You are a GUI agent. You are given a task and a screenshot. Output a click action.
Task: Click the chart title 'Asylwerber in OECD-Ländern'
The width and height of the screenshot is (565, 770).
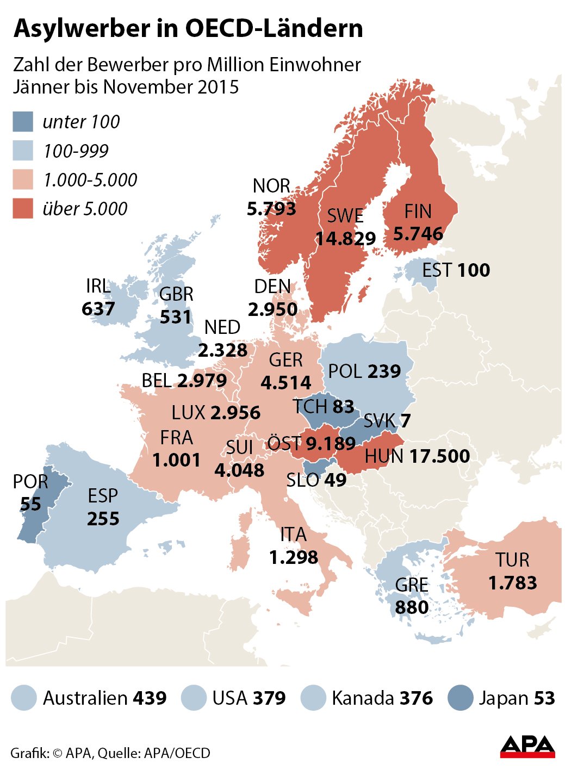tap(188, 28)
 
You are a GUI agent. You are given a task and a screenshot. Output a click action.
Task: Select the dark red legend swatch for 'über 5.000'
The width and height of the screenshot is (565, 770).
tap(23, 209)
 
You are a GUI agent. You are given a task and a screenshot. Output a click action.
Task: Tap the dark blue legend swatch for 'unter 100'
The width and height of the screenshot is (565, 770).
tap(23, 122)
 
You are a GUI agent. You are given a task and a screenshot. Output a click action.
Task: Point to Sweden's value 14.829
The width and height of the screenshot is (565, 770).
tap(346, 238)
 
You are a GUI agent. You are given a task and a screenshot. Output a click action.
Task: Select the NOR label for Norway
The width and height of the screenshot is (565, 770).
tap(271, 186)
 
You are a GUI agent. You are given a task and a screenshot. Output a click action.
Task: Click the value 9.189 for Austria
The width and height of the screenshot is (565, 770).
tap(330, 443)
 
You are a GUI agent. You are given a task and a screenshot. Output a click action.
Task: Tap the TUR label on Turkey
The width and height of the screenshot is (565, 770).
tap(512, 560)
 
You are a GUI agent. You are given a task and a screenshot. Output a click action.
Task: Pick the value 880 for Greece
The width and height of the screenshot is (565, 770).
tap(412, 607)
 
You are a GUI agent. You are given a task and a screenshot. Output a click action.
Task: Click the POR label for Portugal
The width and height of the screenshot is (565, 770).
tap(30, 481)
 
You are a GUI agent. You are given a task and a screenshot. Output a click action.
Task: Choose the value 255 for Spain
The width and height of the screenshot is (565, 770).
tap(103, 518)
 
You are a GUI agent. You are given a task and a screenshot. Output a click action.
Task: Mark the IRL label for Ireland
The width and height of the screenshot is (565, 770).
tap(98, 286)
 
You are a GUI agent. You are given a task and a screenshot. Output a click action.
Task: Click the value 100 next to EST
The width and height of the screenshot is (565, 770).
tap(473, 270)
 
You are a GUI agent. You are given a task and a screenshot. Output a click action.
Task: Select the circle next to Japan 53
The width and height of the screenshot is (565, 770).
tap(461, 698)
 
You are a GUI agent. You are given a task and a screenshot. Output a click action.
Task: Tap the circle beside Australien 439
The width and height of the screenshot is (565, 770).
tap(23, 698)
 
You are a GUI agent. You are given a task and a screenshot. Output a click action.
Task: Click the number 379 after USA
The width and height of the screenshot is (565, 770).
tap(269, 698)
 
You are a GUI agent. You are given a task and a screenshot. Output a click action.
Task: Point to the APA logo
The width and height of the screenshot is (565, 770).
tap(527, 746)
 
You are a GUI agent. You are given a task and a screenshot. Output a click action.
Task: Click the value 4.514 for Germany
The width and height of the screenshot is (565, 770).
tap(286, 382)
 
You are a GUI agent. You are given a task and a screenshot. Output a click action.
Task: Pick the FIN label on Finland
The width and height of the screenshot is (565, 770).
tap(418, 211)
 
